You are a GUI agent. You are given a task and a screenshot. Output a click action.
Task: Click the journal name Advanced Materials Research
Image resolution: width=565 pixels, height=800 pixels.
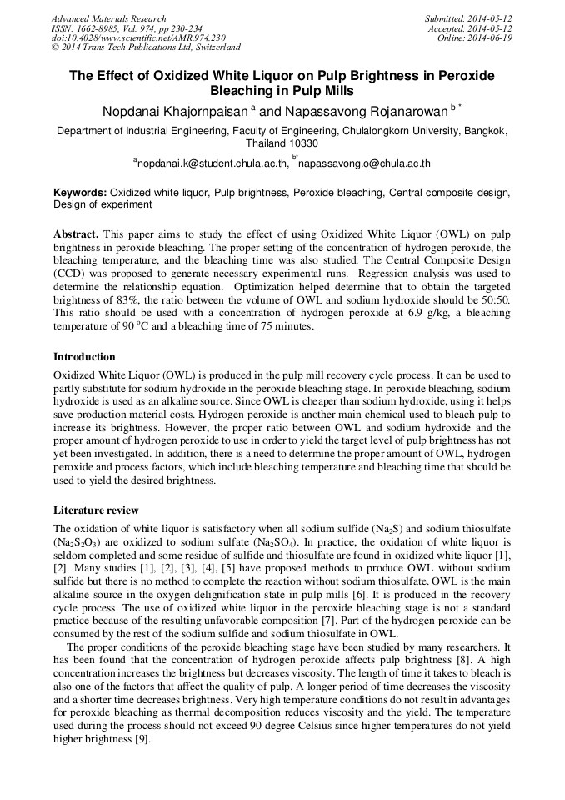(x=108, y=18)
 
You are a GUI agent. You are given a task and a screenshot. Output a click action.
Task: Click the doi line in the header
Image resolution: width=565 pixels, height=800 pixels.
(x=138, y=38)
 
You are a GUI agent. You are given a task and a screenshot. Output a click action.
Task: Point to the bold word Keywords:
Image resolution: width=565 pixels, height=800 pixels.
(x=80, y=192)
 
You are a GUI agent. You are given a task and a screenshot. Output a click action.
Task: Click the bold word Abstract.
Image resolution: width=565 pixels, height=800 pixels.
(x=77, y=235)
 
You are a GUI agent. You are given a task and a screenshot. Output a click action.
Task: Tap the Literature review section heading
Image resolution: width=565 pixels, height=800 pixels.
(x=96, y=510)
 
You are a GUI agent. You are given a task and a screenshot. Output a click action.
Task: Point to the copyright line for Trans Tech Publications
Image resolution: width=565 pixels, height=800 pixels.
(x=146, y=48)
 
